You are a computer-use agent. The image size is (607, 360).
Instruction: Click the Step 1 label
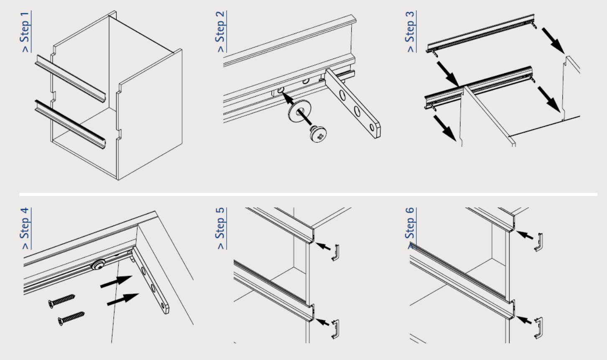(x=26, y=31)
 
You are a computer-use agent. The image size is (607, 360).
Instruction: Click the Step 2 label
(x=221, y=31)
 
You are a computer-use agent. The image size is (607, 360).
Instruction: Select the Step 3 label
(x=411, y=31)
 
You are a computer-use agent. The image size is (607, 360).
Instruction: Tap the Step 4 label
(x=26, y=228)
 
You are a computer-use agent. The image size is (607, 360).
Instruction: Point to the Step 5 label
(x=221, y=228)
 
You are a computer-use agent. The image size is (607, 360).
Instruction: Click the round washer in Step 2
(x=299, y=111)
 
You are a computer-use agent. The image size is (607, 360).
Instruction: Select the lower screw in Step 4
(x=71, y=318)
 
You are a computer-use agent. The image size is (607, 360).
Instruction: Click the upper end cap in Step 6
(x=538, y=242)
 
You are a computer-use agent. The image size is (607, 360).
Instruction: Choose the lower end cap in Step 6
(x=538, y=328)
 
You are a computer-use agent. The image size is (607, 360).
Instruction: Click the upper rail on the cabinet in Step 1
(x=71, y=79)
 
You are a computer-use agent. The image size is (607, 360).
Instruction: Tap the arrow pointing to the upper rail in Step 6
(x=525, y=235)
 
